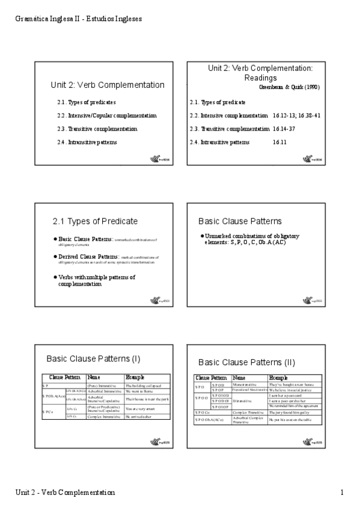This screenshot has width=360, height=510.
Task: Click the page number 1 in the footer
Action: tap(341, 493)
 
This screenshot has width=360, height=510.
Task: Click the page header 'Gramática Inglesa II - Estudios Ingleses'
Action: tap(78, 19)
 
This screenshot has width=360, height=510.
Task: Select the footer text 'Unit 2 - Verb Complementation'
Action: tap(66, 493)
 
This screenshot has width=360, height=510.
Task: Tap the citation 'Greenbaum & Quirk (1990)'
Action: tap(288, 87)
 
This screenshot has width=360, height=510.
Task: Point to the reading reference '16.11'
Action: tap(279, 143)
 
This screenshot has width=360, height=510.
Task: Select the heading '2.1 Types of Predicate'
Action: tap(95, 221)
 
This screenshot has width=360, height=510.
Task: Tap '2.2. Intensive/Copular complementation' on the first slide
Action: tap(106, 115)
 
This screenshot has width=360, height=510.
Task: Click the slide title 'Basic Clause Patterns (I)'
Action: tap(93, 359)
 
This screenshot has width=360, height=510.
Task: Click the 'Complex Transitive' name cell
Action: tap(248, 413)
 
